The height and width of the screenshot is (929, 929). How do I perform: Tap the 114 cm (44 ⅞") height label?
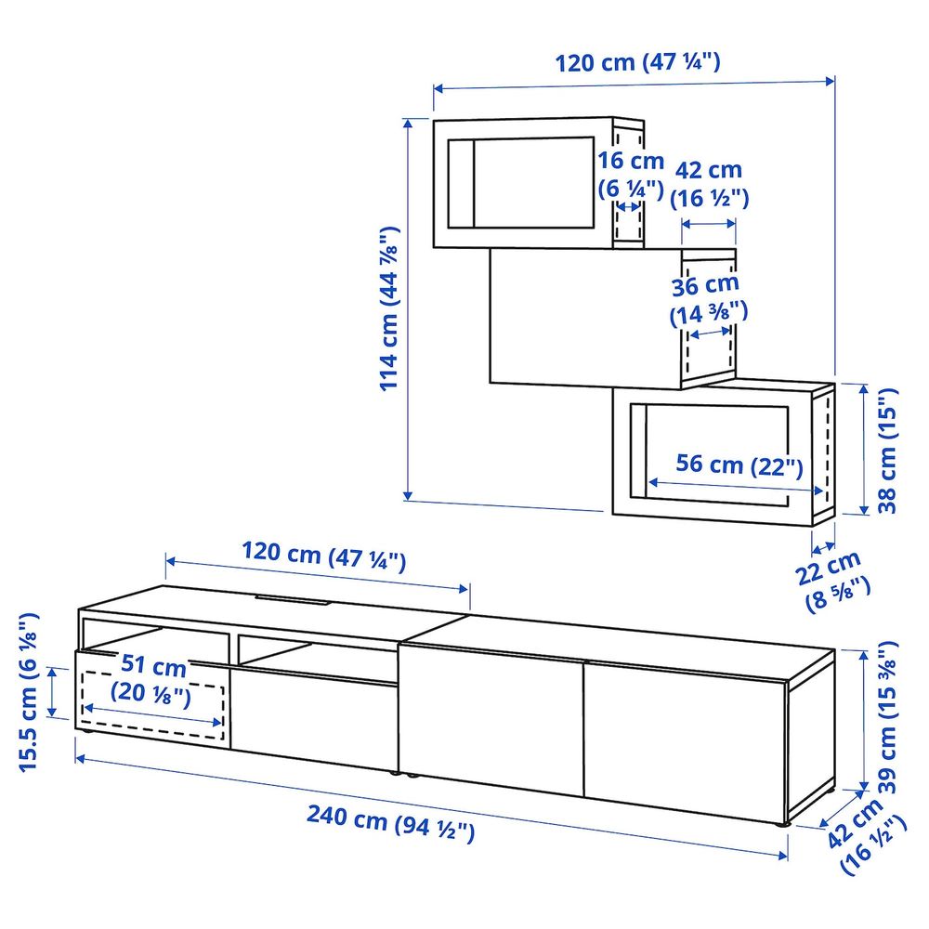pos(392,307)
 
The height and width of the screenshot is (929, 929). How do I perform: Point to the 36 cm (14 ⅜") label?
pos(705,299)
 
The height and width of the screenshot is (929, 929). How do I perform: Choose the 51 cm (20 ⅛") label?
pos(150,680)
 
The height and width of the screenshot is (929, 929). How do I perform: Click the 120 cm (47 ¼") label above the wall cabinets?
pos(637,63)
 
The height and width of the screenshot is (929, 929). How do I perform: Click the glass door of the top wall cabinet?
pos(520,182)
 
